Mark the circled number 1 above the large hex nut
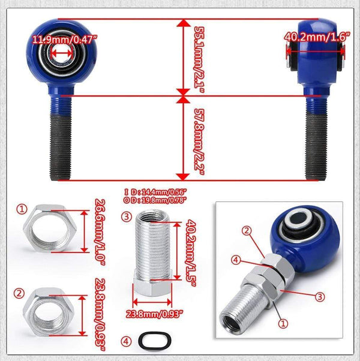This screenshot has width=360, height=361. point(22,209)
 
